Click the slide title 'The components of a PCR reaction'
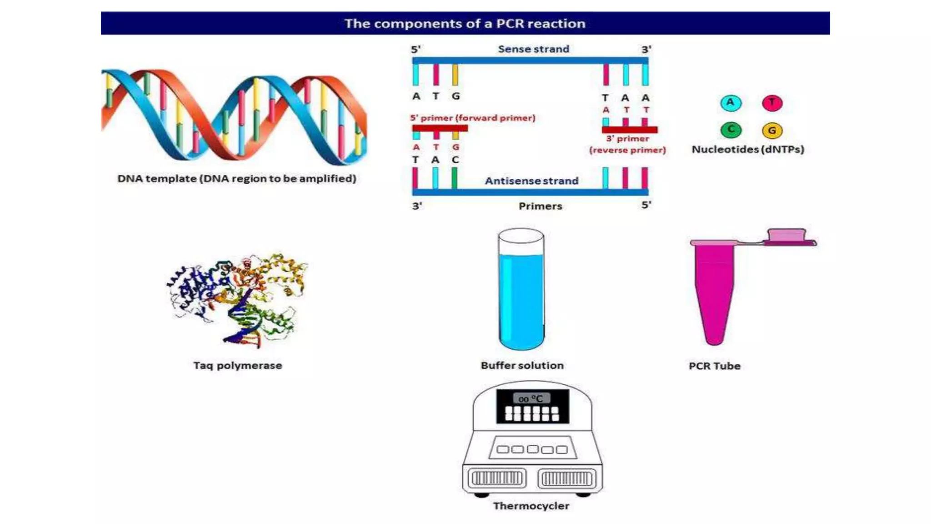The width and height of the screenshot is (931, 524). click(465, 23)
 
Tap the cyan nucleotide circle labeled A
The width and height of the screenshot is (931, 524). click(731, 103)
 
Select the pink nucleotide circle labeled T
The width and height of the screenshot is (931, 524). click(772, 103)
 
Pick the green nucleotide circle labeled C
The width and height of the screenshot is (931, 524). click(731, 130)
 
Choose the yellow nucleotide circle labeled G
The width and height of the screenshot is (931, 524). click(772, 131)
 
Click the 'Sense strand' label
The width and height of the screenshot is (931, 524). click(533, 49)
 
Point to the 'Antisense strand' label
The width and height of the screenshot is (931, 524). click(531, 181)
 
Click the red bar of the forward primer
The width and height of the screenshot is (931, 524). click(440, 129)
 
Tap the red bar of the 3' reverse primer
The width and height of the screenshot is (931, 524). click(630, 130)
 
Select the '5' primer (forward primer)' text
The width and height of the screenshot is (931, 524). click(473, 118)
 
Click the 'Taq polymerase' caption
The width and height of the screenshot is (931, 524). click(237, 366)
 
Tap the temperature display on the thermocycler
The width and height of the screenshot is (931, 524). click(531, 399)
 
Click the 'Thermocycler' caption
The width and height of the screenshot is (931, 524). click(531, 506)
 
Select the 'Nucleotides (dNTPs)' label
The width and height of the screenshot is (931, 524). click(748, 149)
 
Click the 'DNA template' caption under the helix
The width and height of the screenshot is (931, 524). click(236, 179)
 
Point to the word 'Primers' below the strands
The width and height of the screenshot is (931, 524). click(540, 206)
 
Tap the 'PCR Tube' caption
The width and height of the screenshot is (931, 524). click(714, 366)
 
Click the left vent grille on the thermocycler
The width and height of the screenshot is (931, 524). click(497, 479)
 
